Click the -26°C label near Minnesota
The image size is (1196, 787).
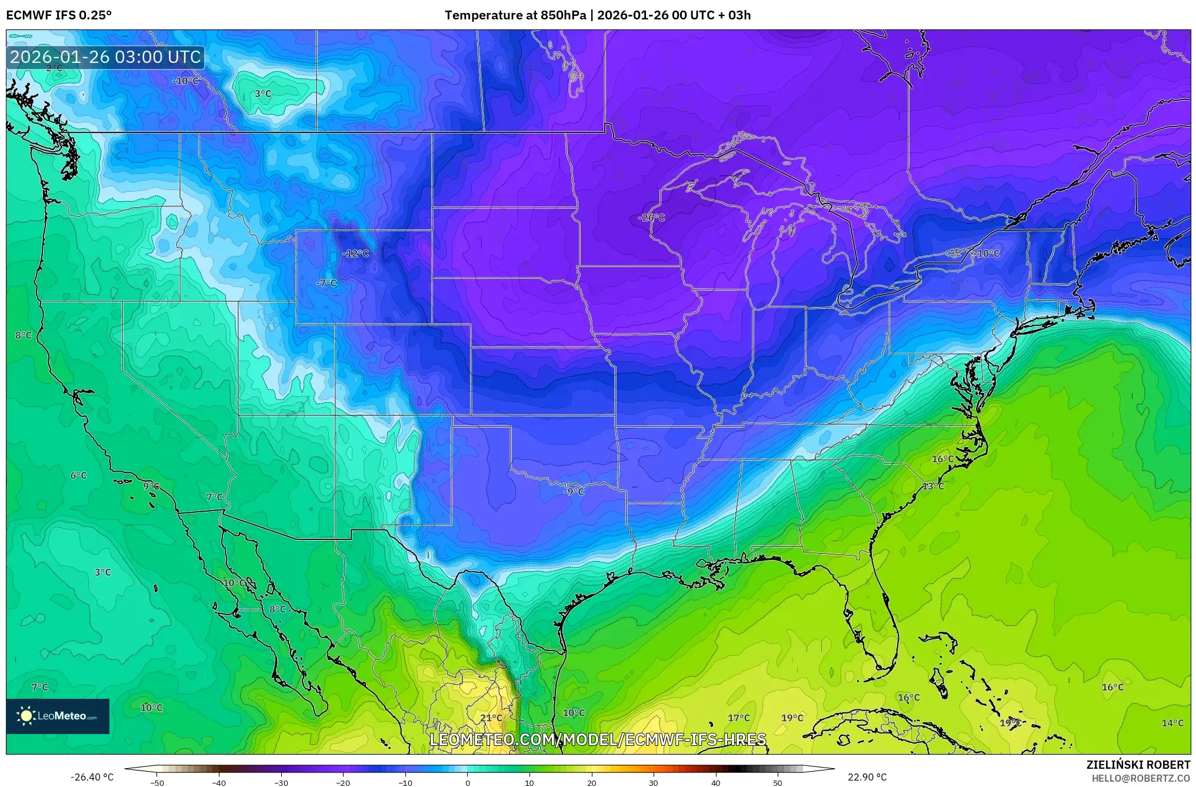coord(651,218)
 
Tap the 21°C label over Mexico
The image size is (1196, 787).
coord(491,718)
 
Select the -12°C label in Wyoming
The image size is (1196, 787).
coord(355,254)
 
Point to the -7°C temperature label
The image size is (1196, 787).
coord(326,283)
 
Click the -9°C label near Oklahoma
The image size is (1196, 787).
coord(574,491)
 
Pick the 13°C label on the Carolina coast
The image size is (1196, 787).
coord(933,486)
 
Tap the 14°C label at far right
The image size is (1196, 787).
coord(1172,723)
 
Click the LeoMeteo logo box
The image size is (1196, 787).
coord(58,716)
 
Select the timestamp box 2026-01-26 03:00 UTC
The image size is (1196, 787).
coord(105,57)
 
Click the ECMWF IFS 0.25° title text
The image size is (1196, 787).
coord(59,15)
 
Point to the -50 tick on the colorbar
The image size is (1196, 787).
coord(157,782)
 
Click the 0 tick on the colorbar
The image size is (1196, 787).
coord(468,782)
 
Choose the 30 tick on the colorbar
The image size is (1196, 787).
coord(654,782)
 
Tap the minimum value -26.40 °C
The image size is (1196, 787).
coord(92,777)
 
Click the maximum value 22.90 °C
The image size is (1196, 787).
coord(867,777)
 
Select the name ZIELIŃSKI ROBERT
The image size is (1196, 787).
coord(1138,765)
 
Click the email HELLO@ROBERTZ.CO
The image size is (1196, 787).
coord(1141,778)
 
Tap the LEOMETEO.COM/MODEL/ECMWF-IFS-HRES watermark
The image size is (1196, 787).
coord(598,739)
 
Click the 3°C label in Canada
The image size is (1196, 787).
coord(263,94)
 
